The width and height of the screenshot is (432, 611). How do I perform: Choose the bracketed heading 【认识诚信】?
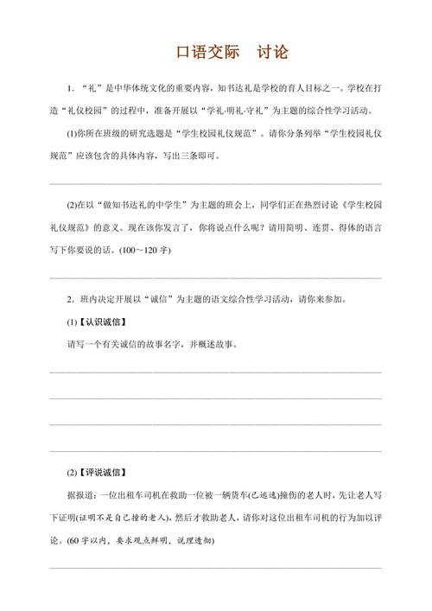(x=103, y=321)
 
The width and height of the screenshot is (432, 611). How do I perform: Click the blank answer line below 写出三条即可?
(x=215, y=182)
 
